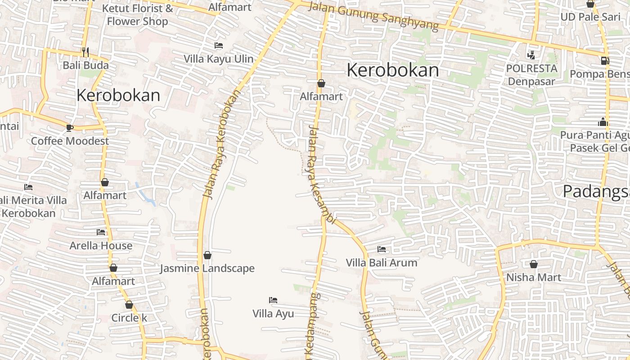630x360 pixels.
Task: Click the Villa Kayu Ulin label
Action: [218, 59]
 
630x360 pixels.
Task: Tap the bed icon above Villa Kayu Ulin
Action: [218, 45]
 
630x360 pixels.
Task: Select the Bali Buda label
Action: [85, 65]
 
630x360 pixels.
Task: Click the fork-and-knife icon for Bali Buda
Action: [85, 52]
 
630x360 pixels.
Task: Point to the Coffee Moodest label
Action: [70, 141]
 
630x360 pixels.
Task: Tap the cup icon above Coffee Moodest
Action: [70, 128]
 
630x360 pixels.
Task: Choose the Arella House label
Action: [101, 246]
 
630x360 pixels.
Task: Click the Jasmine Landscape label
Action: [207, 269]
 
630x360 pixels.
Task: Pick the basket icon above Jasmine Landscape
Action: [207, 256]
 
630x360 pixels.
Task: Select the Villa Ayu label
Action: [273, 314]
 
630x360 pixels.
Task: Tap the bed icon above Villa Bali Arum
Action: [382, 249]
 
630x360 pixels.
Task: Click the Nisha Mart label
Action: [534, 277]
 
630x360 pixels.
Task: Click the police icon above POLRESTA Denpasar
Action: [531, 55]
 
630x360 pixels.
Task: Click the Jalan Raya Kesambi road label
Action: [321, 175]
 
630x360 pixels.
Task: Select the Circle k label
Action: [129, 318]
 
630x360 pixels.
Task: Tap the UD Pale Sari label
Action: [590, 17]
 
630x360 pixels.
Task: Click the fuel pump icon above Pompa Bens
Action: [605, 60]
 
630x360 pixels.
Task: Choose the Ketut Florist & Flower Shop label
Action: [137, 15]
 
